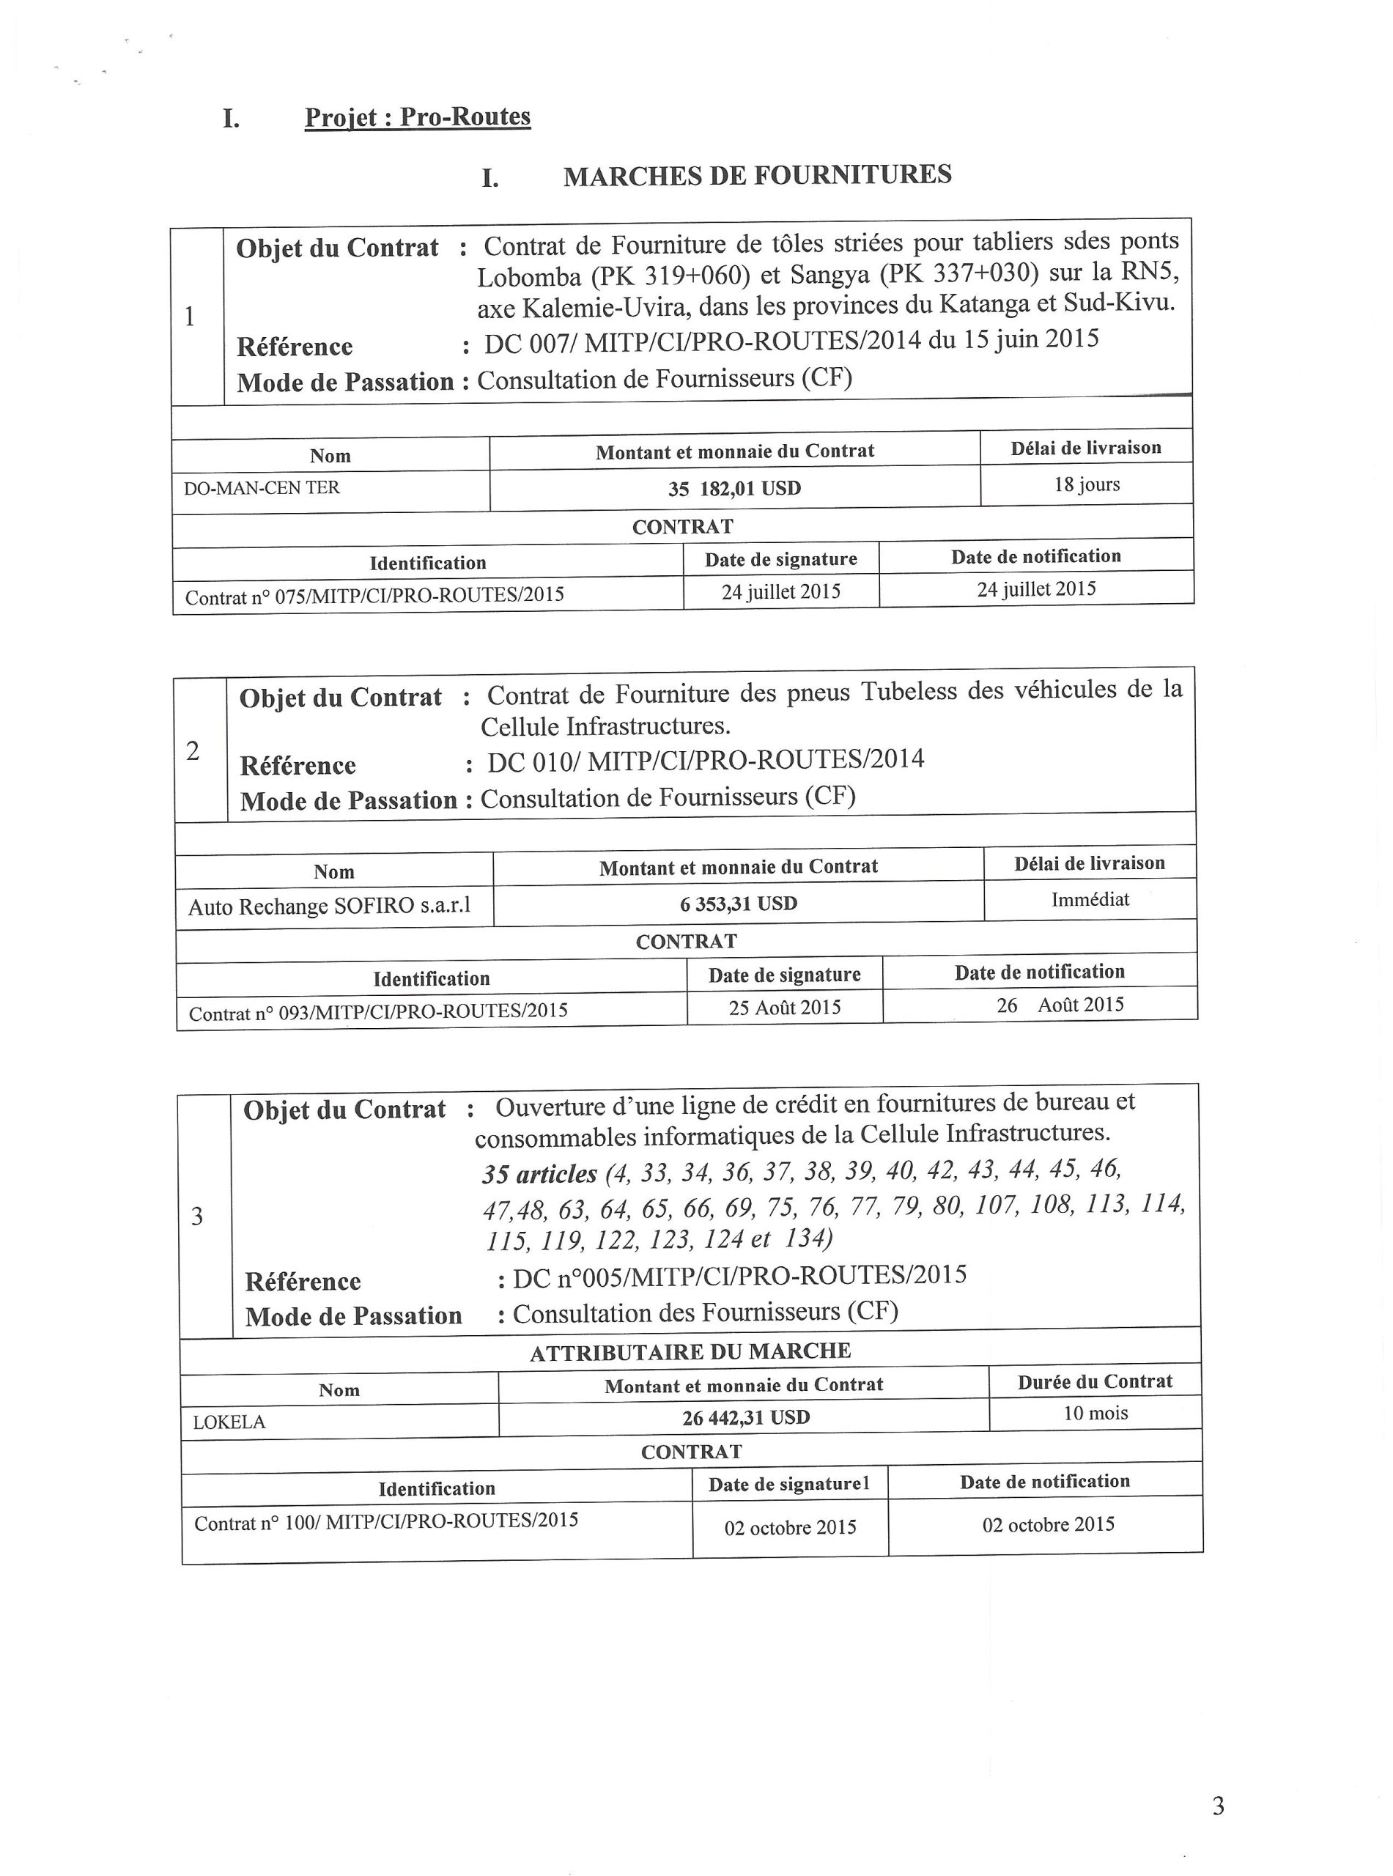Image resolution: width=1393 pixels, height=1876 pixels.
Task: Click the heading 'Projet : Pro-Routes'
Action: [418, 117]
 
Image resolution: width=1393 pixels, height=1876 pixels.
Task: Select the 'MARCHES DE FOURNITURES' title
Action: [757, 174]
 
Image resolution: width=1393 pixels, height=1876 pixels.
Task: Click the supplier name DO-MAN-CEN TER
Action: [262, 487]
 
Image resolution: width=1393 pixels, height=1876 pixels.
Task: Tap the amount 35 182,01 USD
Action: [734, 488]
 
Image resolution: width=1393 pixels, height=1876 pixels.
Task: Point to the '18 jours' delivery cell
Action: [1086, 484]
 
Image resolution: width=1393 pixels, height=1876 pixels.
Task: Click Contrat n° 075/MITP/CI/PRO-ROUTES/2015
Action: [374, 595]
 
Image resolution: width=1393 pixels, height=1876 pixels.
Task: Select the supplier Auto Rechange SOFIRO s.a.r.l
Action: [329, 906]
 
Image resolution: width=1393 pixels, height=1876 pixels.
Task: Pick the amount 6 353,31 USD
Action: [738, 904]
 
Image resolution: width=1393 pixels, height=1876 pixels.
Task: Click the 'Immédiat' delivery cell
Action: [1090, 900]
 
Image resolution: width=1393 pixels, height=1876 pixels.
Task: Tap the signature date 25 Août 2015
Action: [784, 1008]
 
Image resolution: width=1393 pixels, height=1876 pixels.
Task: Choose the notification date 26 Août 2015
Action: [1060, 1004]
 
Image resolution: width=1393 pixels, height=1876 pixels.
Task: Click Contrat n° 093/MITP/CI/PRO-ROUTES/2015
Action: [378, 1012]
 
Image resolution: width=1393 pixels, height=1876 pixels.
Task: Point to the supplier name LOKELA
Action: [229, 1422]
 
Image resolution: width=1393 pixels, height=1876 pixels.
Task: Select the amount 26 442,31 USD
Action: [745, 1417]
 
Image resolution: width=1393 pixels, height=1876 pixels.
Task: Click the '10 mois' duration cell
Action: [1095, 1413]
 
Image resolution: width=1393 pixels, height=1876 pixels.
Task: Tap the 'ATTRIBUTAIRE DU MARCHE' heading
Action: [690, 1351]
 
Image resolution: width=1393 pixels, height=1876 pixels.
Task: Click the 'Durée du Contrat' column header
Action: [1095, 1382]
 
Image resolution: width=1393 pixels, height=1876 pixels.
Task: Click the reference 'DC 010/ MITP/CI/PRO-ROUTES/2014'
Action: [705, 760]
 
